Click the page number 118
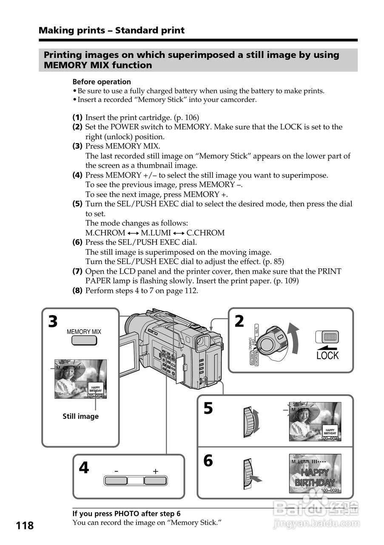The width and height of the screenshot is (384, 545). [25, 525]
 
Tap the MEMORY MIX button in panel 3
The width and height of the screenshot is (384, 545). [84, 341]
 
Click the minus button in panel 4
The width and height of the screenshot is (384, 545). [116, 481]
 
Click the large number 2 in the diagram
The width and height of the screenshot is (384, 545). [239, 321]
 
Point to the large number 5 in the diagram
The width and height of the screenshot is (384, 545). [208, 409]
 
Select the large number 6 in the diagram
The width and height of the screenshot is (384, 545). [208, 461]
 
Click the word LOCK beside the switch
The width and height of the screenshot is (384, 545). [327, 356]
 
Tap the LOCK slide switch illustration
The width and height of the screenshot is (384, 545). [327, 337]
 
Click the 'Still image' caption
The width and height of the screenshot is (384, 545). [80, 416]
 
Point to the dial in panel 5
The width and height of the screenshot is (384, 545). [250, 422]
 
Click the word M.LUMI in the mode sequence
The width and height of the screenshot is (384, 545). [156, 233]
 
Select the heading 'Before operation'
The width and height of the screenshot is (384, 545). [102, 82]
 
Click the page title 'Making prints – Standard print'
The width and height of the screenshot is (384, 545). [111, 30]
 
